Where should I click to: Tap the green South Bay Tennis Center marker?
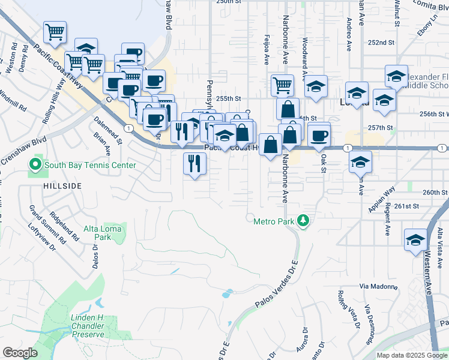35,163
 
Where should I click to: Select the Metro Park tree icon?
304,221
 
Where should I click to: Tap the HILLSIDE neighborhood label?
62,187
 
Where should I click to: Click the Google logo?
20,353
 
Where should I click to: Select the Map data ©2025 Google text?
411,355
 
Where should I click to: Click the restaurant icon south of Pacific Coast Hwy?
194,164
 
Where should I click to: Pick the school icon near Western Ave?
415,240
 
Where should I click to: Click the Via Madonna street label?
379,287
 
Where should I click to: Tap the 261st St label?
407,206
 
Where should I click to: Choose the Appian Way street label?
382,199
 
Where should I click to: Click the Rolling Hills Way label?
53,104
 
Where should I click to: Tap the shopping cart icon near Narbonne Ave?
282,85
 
